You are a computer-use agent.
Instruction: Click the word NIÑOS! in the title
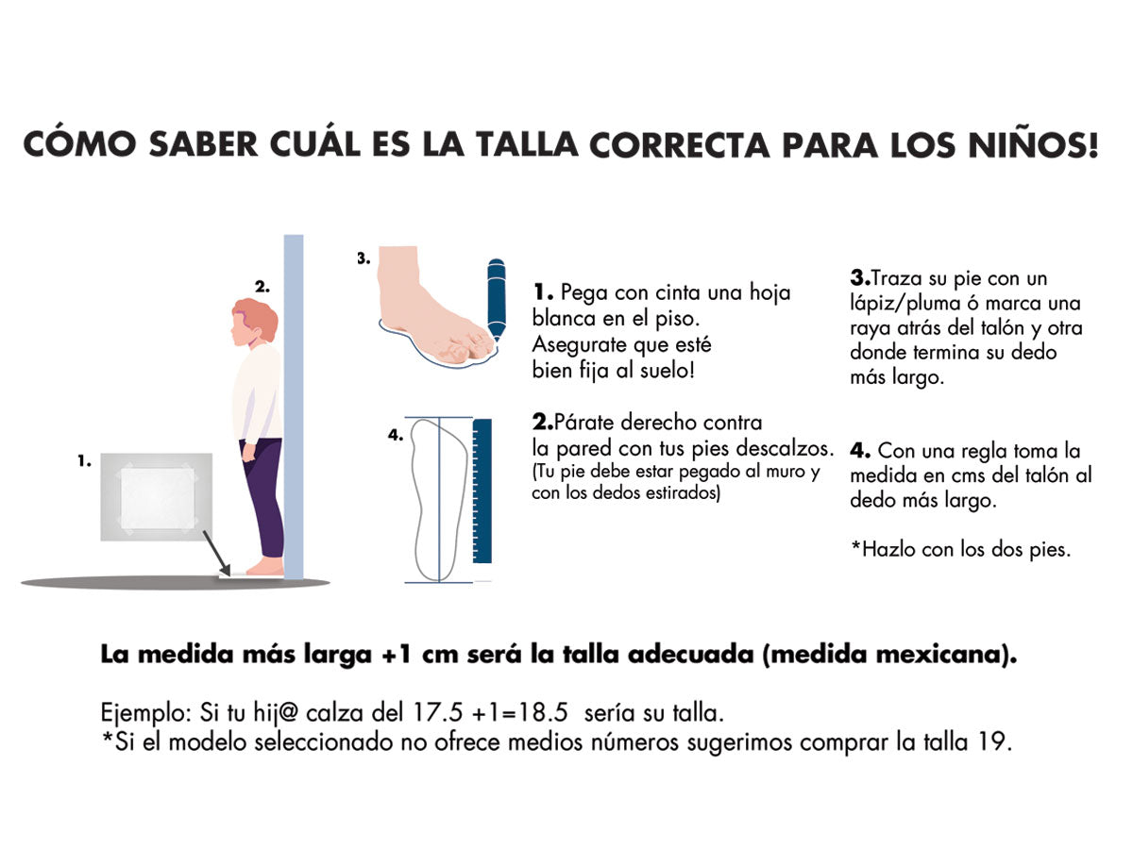point(1034,144)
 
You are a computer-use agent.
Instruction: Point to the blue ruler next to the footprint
point(482,491)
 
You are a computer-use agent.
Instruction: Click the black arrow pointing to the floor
point(217,553)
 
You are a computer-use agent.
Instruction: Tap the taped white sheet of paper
point(158,498)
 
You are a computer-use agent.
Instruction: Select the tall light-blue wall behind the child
point(294,407)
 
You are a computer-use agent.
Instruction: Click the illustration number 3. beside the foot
point(364,258)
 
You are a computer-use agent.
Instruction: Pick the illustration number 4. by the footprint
point(396,435)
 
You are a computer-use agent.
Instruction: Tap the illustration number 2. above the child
point(262,287)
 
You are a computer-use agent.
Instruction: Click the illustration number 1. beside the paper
point(85,460)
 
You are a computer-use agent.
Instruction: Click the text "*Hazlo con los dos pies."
point(960,550)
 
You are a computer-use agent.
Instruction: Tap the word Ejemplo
point(146,714)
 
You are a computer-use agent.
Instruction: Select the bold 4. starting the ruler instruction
point(860,451)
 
